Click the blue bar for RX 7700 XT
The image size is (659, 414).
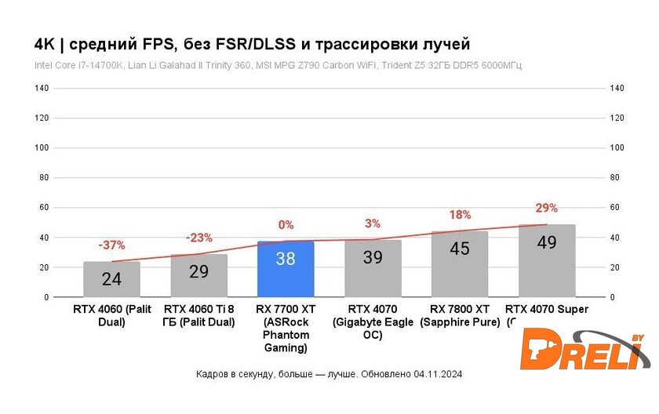point(286,271)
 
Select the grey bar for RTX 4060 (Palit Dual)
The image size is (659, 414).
point(112,280)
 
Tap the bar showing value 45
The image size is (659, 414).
point(460,265)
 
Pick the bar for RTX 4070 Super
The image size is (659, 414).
point(547,262)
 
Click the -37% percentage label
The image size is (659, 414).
point(111,245)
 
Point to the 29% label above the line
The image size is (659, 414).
point(546,208)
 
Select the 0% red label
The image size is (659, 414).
point(286,225)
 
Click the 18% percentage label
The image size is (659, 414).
point(460,215)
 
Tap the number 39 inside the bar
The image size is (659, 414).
point(373,257)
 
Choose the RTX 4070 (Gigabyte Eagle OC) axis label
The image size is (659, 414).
point(373,322)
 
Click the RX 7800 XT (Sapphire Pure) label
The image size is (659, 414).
point(460,316)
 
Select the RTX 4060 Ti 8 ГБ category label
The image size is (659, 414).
point(198,316)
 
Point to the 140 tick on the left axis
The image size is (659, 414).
point(42,89)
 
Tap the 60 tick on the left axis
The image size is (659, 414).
point(44,208)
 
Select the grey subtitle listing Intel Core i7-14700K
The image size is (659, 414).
point(278,65)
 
